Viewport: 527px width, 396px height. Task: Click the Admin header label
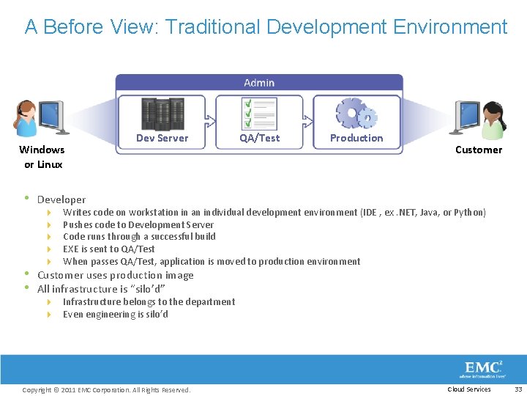pyautogui.click(x=259, y=83)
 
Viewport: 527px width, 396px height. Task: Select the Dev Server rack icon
pyautogui.click(x=162, y=114)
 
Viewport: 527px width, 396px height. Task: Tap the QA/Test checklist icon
pyautogui.click(x=259, y=114)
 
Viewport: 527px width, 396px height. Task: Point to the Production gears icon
pyautogui.click(x=356, y=114)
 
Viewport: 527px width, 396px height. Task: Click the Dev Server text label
pyautogui.click(x=162, y=138)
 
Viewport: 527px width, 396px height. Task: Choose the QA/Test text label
pyautogui.click(x=259, y=138)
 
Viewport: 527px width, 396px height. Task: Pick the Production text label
pyautogui.click(x=356, y=138)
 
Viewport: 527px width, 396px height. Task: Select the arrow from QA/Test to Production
pyautogui.click(x=308, y=116)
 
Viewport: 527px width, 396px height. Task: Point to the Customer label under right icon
pyautogui.click(x=479, y=150)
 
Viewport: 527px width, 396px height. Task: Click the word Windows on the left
pyautogui.click(x=42, y=150)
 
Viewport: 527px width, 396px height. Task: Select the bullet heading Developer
pyautogui.click(x=61, y=199)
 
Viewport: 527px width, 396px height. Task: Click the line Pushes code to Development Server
pyautogui.click(x=138, y=225)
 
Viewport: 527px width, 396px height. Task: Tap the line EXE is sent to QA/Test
pyautogui.click(x=109, y=249)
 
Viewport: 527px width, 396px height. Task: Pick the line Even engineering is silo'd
pyautogui.click(x=116, y=315)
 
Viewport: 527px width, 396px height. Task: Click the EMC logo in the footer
pyautogui.click(x=483, y=369)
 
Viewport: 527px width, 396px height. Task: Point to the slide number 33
pyautogui.click(x=518, y=389)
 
